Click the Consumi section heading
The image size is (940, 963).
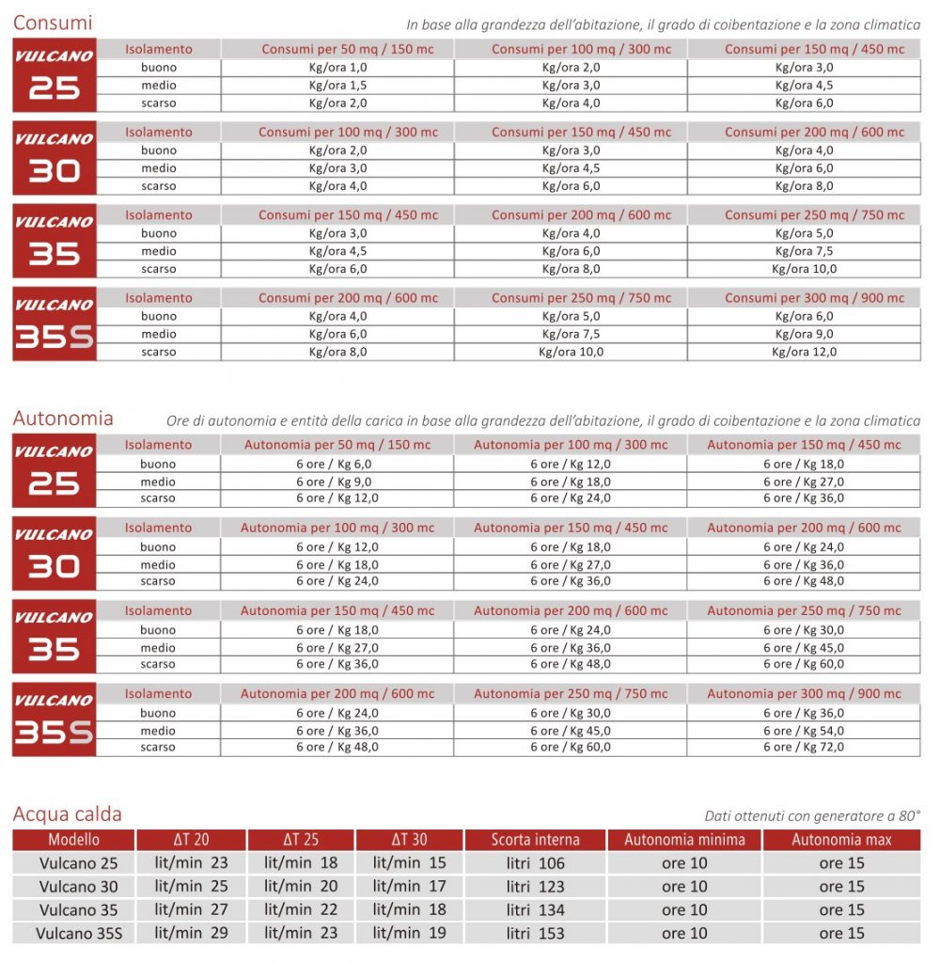coord(53,23)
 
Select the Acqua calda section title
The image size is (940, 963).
coord(68,813)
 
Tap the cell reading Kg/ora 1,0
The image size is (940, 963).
coord(337,68)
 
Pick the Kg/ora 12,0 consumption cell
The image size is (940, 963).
coord(804,352)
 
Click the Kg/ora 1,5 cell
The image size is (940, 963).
coord(337,86)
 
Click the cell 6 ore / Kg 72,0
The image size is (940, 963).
coord(804,748)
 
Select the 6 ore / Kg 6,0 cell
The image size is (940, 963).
coord(337,465)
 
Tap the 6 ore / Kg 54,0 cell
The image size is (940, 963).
coord(804,731)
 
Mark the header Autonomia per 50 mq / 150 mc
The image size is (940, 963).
coord(337,445)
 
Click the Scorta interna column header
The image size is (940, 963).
coord(535,840)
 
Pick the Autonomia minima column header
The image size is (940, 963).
coord(684,840)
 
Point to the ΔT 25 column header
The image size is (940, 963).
coord(301,840)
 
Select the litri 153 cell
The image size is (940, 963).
coord(535,934)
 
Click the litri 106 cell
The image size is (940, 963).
coord(535,863)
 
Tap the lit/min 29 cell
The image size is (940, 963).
coord(192,934)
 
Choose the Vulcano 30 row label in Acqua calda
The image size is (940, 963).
coord(79,887)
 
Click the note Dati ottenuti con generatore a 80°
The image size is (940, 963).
coord(812,816)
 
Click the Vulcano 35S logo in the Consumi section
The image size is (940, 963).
coord(55,324)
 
